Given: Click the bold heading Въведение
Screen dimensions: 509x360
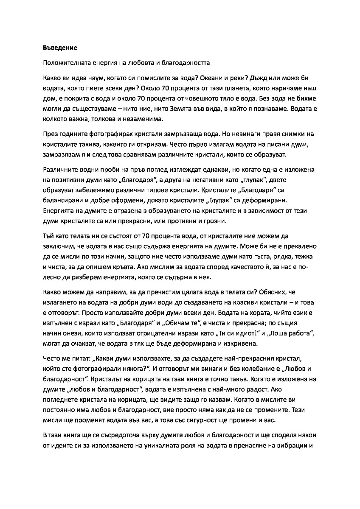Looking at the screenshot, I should tap(60, 47).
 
